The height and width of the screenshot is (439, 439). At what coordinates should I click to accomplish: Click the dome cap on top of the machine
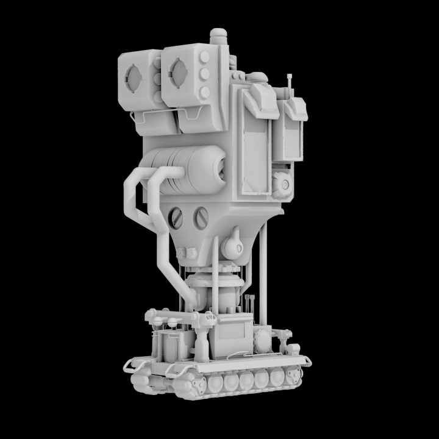(219, 35)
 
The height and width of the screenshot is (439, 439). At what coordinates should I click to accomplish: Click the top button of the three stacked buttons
(204, 59)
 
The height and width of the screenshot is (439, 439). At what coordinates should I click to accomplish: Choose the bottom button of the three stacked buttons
(204, 92)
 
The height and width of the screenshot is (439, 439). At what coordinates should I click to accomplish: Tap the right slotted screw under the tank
(201, 216)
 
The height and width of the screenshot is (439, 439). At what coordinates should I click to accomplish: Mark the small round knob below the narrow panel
(282, 183)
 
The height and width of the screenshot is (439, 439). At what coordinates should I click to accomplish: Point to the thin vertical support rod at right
(264, 274)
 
